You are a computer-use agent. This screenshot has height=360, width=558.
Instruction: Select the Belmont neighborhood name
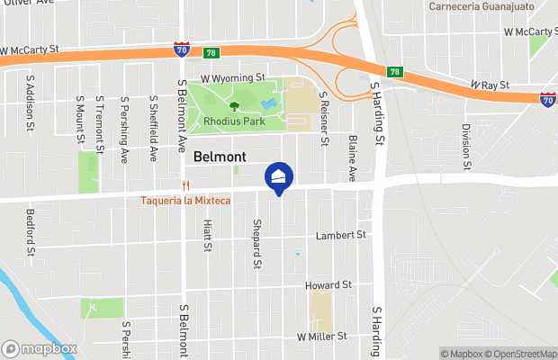(x=220, y=157)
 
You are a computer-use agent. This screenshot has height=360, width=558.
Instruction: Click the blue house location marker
(x=278, y=176)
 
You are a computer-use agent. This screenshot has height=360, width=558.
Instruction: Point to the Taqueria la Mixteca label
(x=184, y=200)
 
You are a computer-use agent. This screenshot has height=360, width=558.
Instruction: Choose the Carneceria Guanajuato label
(x=481, y=6)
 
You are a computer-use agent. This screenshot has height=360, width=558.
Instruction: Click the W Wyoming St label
(x=232, y=78)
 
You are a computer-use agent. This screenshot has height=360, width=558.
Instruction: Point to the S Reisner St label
(x=322, y=123)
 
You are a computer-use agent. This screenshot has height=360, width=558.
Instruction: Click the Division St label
(x=466, y=146)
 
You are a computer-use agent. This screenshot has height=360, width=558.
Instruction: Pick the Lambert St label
(x=341, y=236)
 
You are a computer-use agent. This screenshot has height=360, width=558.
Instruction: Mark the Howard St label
(x=327, y=285)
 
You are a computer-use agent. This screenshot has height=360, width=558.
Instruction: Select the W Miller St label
(x=321, y=337)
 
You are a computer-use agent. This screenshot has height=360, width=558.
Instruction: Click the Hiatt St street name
(x=207, y=236)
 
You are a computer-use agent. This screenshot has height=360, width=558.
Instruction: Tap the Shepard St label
(x=256, y=243)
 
